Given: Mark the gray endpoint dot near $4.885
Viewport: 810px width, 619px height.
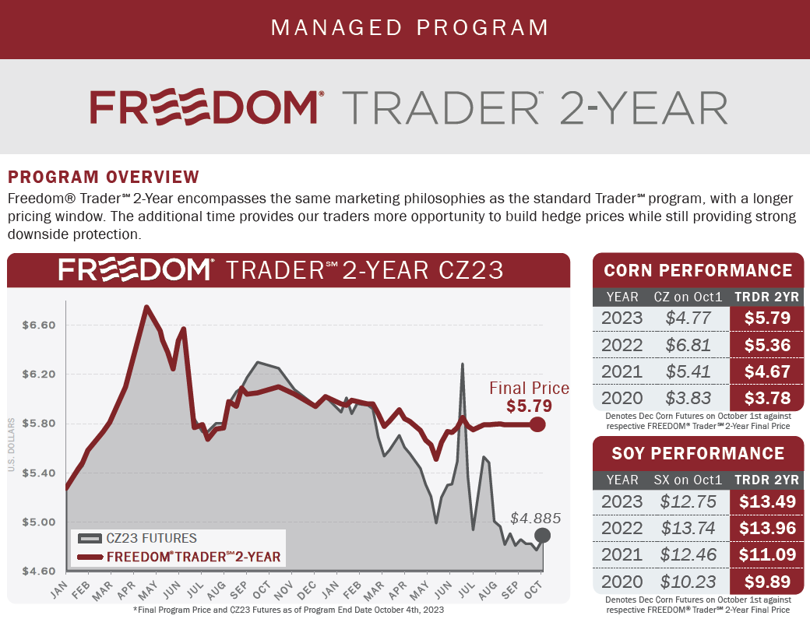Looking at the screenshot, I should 543,536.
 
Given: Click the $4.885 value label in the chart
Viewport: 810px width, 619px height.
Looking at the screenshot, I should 536,518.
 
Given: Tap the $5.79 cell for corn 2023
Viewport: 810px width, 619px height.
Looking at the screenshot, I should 767,318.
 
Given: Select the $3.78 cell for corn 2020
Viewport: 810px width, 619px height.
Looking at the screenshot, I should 767,399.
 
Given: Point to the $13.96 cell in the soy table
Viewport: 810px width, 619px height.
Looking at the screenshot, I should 767,529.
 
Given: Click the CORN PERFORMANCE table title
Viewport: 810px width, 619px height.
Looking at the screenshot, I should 698,270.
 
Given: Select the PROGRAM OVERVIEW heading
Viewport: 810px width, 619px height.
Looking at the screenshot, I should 104,177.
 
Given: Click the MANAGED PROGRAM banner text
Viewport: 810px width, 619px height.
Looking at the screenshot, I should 410,28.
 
